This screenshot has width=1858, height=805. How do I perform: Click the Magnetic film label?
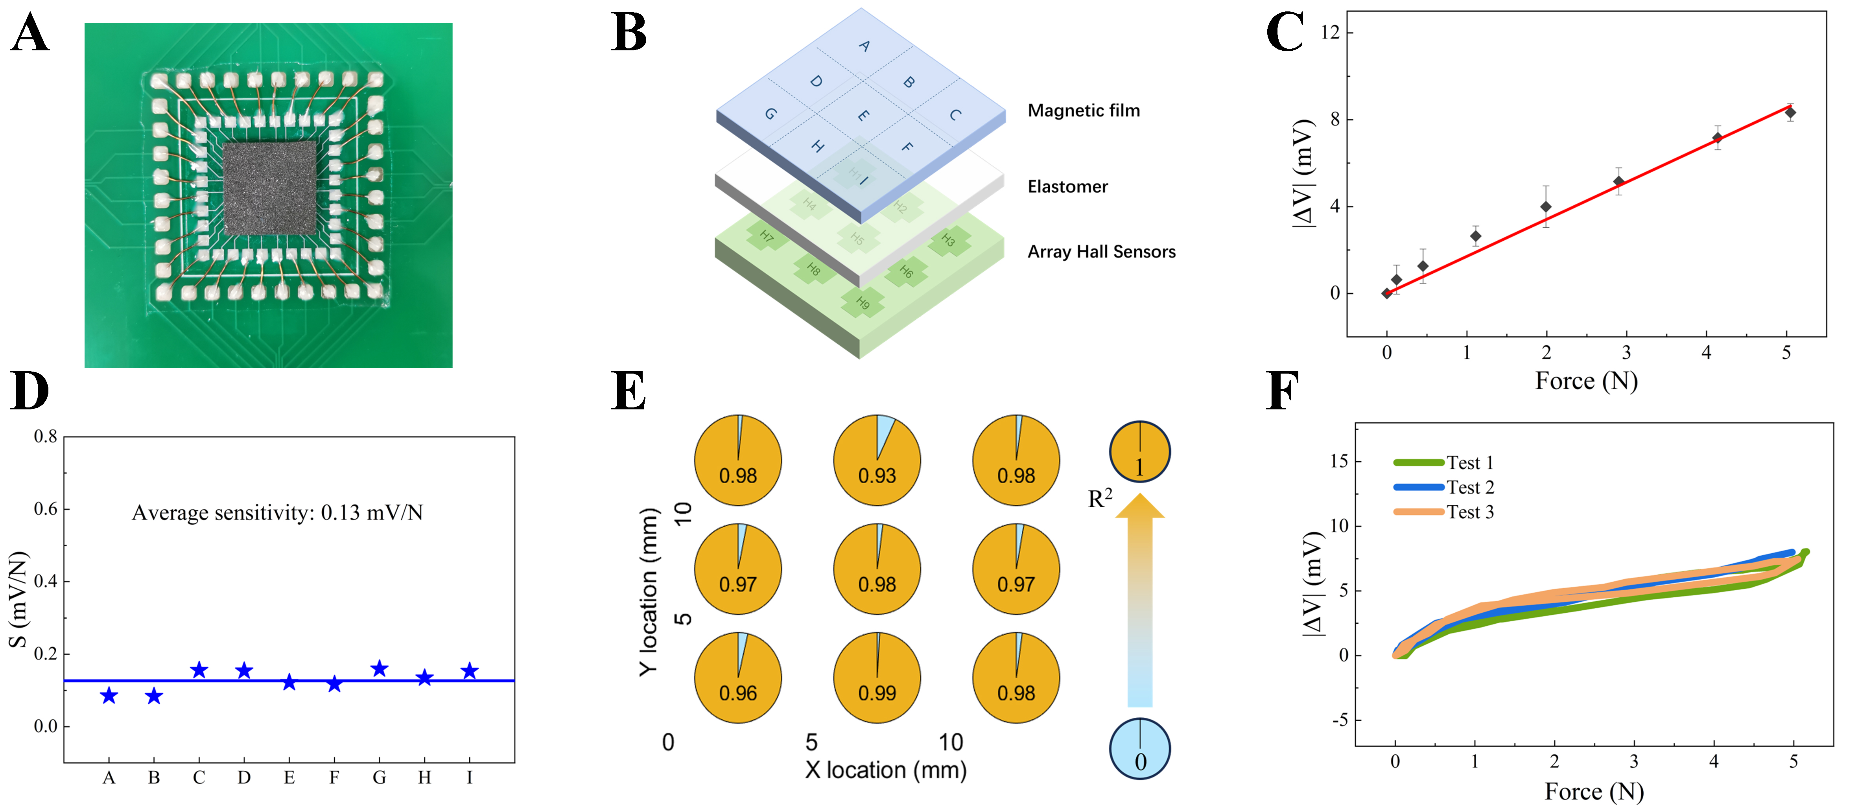pyautogui.click(x=1083, y=111)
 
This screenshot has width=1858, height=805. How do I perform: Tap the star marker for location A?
pyautogui.click(x=109, y=695)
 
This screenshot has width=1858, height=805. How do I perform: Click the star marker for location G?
pyautogui.click(x=380, y=669)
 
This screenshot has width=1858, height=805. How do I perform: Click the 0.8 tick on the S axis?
pyautogui.click(x=46, y=437)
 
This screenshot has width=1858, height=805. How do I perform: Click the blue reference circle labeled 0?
pyautogui.click(x=1139, y=749)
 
